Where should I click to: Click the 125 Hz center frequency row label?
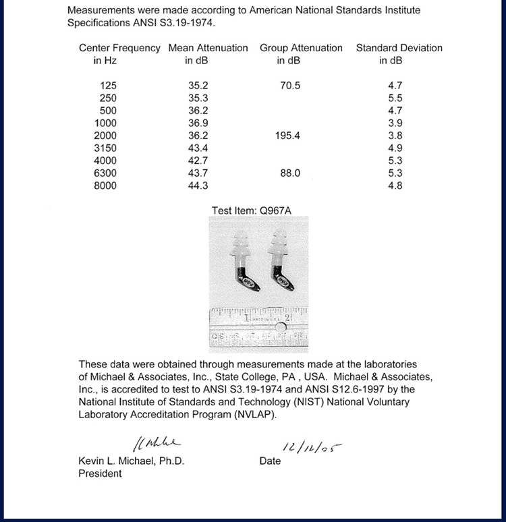coord(108,86)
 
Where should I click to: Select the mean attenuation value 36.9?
coord(198,123)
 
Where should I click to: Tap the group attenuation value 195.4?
coord(288,136)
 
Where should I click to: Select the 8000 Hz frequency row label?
coord(105,186)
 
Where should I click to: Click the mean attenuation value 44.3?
coord(198,186)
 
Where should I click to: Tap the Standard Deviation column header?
coord(399,54)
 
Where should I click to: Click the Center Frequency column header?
coord(119,54)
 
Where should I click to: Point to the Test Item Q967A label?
coord(252,210)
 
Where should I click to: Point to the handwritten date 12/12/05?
coord(310,446)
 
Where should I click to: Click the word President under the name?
coord(100,473)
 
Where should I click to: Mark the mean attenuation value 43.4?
coord(198,148)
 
